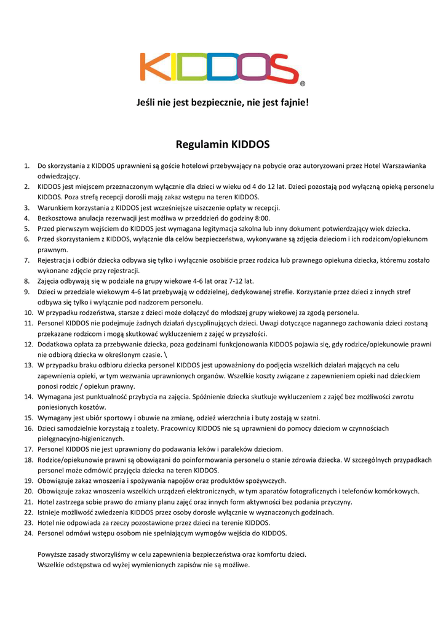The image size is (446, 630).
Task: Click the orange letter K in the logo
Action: tap(154, 66)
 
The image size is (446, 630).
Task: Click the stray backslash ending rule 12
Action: tap(167, 354)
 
